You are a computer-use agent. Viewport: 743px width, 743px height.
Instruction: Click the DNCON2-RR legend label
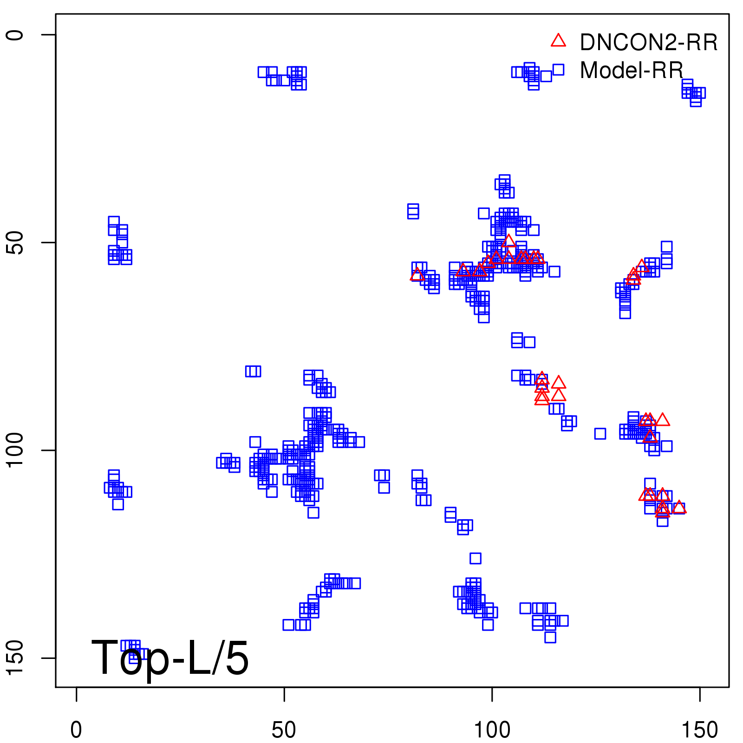[x=648, y=43]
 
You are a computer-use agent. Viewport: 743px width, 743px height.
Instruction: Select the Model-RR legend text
[x=632, y=71]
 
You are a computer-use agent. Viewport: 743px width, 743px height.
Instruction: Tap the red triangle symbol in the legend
[x=558, y=41]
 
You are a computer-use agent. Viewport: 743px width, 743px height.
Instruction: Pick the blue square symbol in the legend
[x=558, y=70]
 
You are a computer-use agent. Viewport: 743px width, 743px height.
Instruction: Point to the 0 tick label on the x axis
[x=76, y=730]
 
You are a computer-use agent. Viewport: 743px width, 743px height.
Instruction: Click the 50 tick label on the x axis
[x=284, y=730]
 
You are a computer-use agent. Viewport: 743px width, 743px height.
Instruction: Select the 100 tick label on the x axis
[x=492, y=730]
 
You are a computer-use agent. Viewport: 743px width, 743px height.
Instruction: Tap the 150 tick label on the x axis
[x=699, y=730]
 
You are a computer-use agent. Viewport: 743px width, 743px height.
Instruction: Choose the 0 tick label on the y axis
[x=15, y=35]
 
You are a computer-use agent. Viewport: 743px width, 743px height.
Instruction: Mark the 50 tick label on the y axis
[x=15, y=242]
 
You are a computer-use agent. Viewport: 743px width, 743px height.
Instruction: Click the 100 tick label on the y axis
[x=15, y=450]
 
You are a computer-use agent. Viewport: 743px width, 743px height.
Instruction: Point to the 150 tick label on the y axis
[x=15, y=658]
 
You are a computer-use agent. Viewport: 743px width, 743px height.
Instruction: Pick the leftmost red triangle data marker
[x=417, y=275]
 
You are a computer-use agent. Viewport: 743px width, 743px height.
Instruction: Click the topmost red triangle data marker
[x=508, y=241]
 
